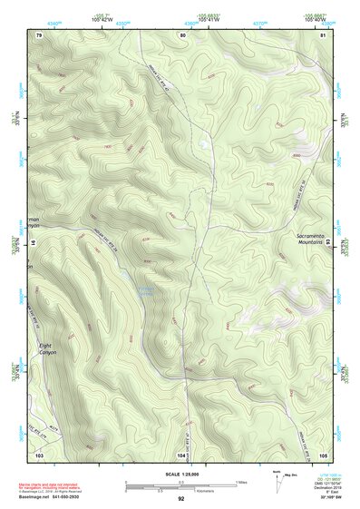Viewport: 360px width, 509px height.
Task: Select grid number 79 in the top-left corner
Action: tap(39, 34)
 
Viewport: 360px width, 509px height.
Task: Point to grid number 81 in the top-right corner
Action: tap(323, 34)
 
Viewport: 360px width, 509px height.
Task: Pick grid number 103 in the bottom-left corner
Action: tap(39, 453)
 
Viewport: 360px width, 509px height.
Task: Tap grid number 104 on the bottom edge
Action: tap(181, 453)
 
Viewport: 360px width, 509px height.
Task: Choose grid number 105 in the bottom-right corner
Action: tap(323, 453)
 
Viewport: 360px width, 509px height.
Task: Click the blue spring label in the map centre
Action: tap(145, 291)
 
